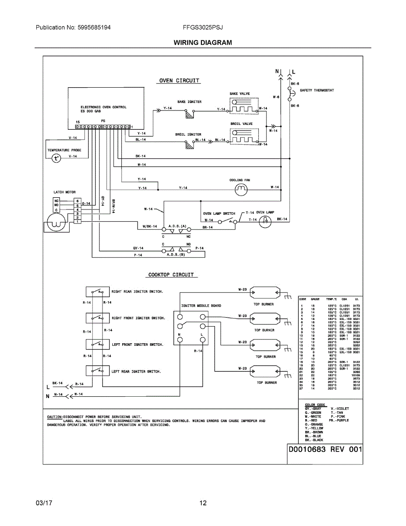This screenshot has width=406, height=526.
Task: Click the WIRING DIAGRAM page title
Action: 203,43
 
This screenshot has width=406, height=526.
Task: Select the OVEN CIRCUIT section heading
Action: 179,81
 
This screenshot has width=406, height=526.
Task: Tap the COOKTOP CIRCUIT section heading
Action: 171,275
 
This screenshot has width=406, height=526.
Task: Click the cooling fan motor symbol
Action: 241,189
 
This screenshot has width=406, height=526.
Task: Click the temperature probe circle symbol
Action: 55,158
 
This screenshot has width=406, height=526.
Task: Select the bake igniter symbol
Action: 189,114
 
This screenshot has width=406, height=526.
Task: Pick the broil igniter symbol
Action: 189,145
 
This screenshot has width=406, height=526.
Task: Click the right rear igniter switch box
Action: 98,291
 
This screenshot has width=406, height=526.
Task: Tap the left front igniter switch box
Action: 98,345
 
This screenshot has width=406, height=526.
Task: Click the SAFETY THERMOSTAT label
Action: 317,90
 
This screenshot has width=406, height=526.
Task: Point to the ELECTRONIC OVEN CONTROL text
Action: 103,107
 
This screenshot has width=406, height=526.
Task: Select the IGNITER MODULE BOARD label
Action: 201,306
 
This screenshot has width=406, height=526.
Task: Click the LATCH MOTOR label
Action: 64,192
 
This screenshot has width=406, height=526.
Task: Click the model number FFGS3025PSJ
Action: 203,27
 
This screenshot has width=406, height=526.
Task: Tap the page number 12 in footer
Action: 203,503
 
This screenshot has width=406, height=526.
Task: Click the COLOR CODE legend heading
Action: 315,405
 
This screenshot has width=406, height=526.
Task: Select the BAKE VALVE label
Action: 240,94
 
